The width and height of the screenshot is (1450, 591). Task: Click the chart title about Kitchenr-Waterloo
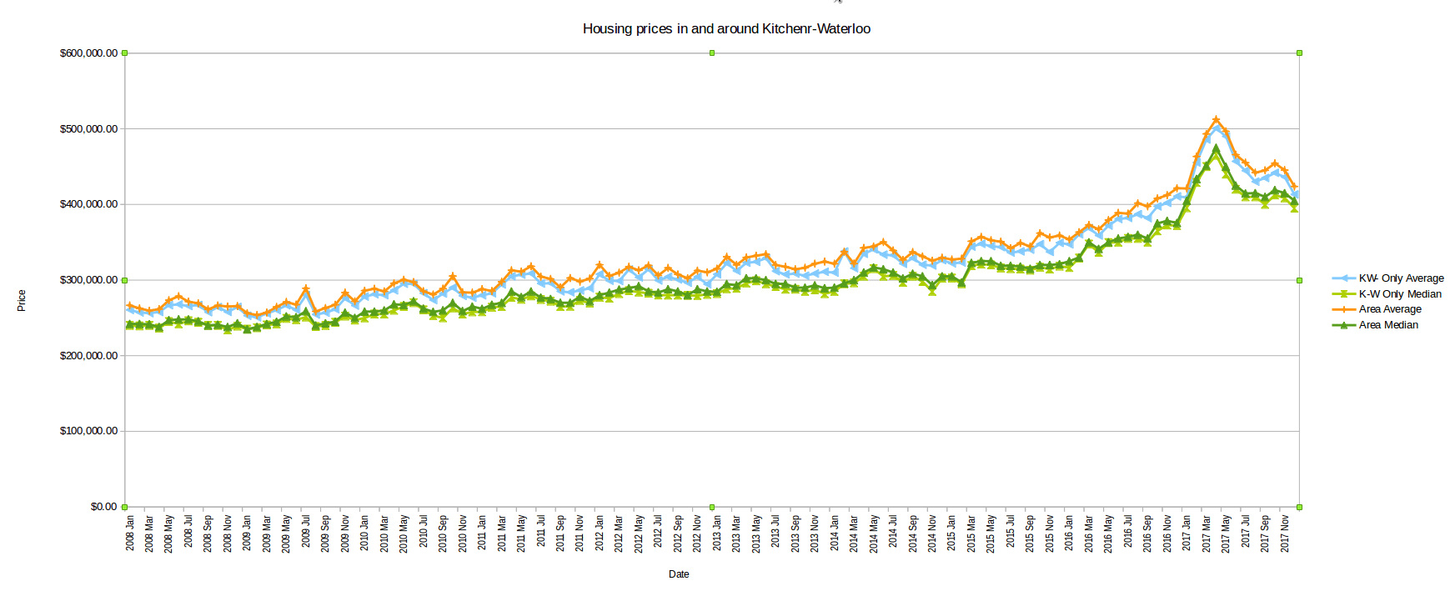click(726, 29)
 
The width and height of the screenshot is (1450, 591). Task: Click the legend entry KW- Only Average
click(1401, 278)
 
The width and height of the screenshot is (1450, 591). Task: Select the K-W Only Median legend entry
click(1400, 294)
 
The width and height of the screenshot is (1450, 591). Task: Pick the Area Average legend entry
click(1390, 309)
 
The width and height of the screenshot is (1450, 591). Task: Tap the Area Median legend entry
click(1388, 325)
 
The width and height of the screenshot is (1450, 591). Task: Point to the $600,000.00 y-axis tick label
click(88, 53)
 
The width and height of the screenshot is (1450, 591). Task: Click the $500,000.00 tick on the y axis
click(88, 129)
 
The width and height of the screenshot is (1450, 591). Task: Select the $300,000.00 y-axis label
click(88, 280)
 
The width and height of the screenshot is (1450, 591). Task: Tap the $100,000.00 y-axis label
click(88, 431)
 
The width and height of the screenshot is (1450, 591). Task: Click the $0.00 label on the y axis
click(103, 507)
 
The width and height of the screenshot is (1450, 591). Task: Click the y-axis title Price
click(22, 301)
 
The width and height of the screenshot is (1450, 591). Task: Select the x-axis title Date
click(679, 574)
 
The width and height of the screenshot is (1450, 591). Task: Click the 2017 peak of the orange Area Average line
click(1217, 119)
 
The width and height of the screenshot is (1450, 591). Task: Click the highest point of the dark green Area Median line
click(1217, 148)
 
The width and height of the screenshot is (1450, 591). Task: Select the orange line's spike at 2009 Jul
click(306, 288)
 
